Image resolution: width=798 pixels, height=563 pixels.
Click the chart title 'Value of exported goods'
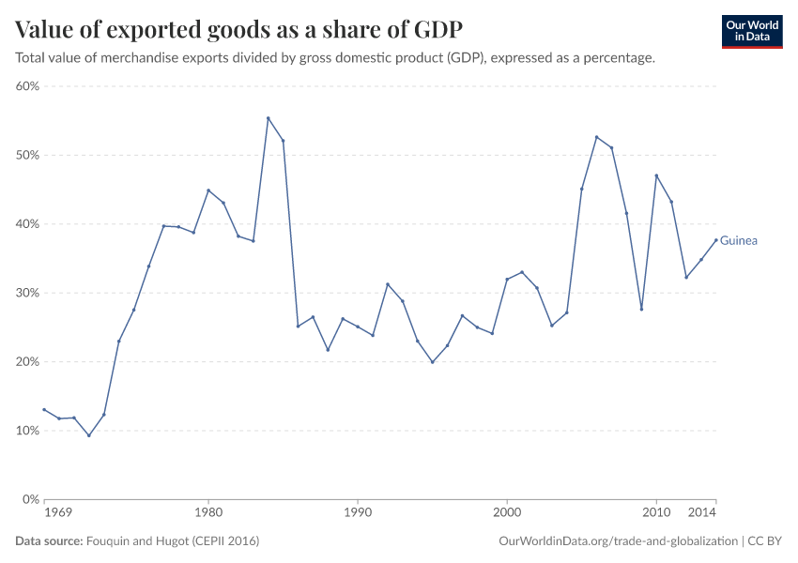click(x=238, y=29)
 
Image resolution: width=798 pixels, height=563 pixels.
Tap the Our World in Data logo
click(x=751, y=31)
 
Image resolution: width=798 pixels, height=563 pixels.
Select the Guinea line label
click(x=739, y=241)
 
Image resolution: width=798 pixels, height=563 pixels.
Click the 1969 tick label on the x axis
click(x=58, y=514)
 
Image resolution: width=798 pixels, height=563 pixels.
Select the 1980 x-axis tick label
click(x=208, y=514)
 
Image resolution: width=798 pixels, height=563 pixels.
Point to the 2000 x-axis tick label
click(x=507, y=514)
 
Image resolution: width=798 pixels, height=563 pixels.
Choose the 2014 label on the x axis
click(x=702, y=514)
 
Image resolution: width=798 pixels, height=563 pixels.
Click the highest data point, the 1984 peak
click(x=268, y=118)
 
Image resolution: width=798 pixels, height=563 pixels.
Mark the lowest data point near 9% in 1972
click(x=89, y=435)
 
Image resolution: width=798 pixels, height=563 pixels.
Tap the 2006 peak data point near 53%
click(x=596, y=137)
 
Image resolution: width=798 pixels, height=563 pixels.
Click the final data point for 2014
click(x=716, y=239)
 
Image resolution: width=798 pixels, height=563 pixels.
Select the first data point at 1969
click(x=44, y=410)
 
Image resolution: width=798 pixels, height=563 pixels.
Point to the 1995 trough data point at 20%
click(x=432, y=362)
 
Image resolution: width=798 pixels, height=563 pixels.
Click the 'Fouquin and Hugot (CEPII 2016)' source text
click(x=173, y=541)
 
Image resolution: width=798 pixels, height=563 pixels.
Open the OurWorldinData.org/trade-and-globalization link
click(x=620, y=541)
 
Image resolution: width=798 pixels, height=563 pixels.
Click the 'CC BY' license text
click(x=765, y=541)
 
